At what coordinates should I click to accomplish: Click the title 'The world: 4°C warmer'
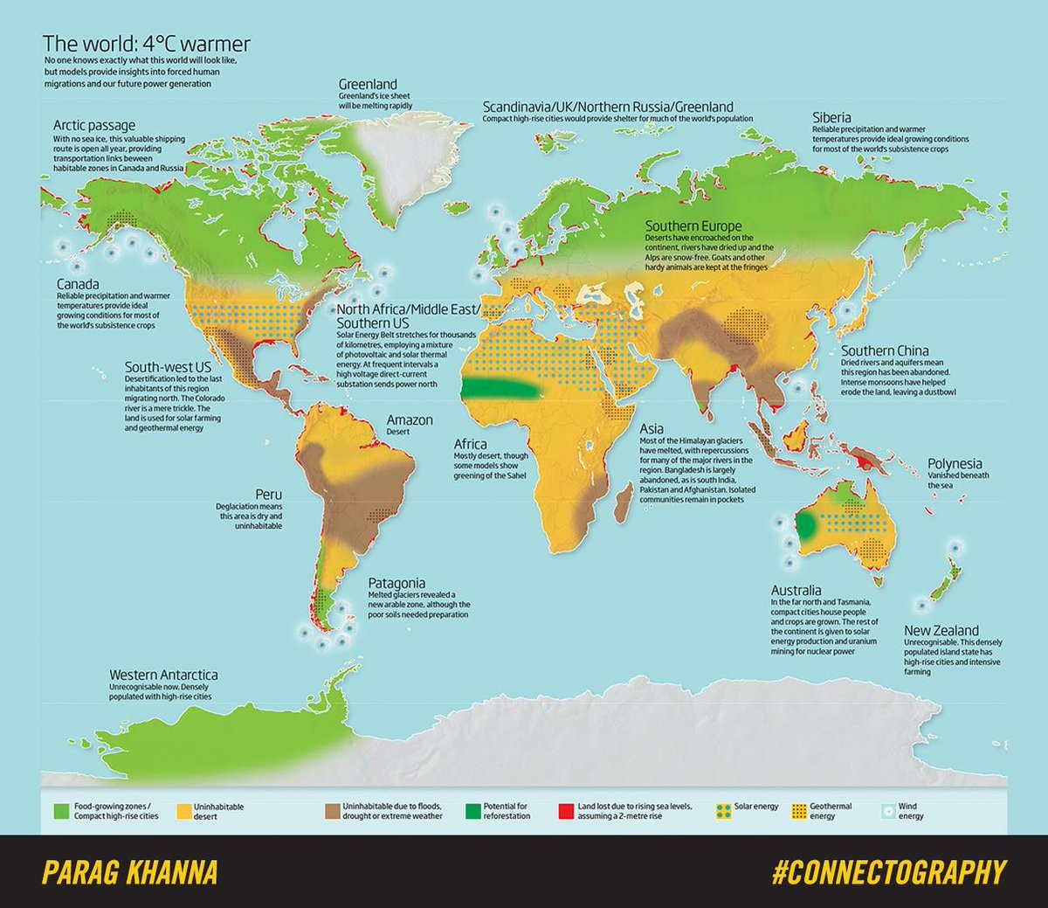[147, 44]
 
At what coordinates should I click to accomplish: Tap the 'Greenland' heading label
[368, 85]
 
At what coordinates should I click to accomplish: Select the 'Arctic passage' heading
[94, 125]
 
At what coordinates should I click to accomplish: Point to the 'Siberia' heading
[831, 117]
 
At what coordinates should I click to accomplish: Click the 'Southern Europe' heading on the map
[693, 225]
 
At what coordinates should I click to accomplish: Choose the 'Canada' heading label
[78, 284]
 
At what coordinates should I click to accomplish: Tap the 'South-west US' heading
[168, 367]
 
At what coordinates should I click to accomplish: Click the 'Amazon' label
[410, 420]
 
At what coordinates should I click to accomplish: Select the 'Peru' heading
[268, 495]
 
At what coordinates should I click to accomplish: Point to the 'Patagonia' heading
[396, 583]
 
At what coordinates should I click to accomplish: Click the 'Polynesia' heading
[955, 464]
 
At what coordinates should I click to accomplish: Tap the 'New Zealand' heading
[941, 630]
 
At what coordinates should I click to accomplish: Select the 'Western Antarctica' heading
[163, 675]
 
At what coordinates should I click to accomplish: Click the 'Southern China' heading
[885, 350]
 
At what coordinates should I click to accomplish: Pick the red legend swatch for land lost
[566, 811]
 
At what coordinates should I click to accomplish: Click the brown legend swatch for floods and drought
[331, 811]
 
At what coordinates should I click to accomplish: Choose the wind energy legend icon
[887, 811]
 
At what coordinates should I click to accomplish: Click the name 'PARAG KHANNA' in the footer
[129, 872]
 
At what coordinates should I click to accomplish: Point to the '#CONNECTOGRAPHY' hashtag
[888, 872]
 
